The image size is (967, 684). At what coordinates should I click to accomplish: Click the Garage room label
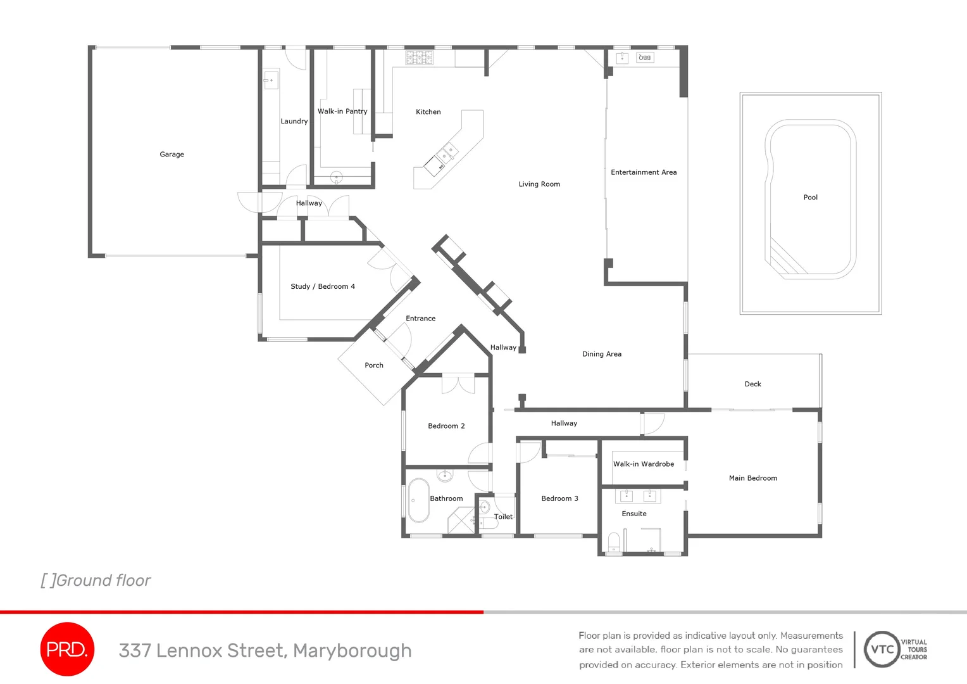coord(172,155)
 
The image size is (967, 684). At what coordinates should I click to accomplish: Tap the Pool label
coord(810,198)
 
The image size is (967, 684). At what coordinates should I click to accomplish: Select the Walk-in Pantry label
coord(342,111)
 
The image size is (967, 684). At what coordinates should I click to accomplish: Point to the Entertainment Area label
coord(644,172)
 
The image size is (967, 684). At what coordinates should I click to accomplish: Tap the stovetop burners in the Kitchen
coord(419,58)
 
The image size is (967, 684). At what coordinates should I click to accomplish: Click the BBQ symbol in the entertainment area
coord(644,58)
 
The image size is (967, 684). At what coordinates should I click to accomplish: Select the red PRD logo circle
coord(67,649)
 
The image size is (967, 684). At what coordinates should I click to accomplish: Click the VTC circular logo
coord(882,649)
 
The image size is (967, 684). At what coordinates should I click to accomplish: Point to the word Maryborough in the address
coord(352,651)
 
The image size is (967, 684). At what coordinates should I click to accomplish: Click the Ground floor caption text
coord(96,580)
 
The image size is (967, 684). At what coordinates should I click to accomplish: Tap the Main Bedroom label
coord(752,478)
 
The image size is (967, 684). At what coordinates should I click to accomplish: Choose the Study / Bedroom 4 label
coord(323,286)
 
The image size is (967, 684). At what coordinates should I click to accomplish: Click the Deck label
coord(752,384)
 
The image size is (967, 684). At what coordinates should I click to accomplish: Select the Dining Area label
coord(602,354)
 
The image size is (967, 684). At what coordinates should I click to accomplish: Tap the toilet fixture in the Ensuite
coord(613,543)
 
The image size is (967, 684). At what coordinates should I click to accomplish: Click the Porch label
coord(374,365)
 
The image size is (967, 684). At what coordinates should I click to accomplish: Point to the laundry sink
coord(270,80)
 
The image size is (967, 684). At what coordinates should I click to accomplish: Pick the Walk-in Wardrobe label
coord(644,464)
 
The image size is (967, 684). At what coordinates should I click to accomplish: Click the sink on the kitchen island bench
coord(448,152)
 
